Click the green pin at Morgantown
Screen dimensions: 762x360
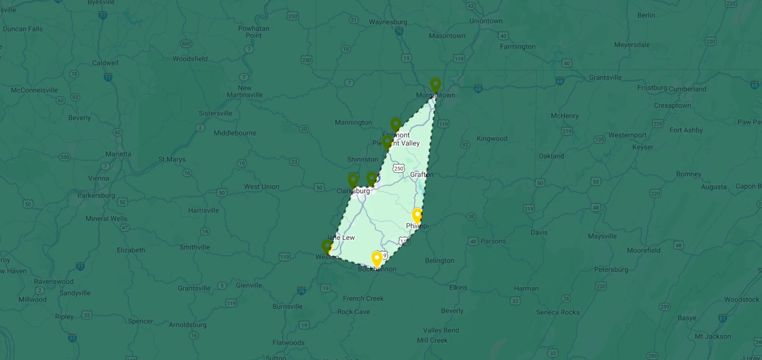(x=436, y=85)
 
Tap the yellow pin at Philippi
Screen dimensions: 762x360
(x=417, y=215)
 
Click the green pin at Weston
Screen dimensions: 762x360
(x=327, y=247)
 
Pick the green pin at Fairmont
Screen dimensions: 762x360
(x=396, y=124)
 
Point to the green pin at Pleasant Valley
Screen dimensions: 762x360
(x=387, y=142)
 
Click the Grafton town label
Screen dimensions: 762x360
(x=422, y=174)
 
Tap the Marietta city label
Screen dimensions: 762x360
(x=118, y=154)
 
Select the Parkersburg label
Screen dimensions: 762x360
(x=96, y=195)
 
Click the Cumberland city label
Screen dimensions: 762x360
(x=687, y=89)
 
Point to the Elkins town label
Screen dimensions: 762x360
(x=458, y=287)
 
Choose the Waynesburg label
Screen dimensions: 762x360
(x=388, y=22)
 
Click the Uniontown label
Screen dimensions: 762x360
(x=486, y=21)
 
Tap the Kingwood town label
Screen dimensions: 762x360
(x=492, y=139)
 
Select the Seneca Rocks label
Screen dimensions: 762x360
(x=558, y=312)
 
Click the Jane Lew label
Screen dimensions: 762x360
(x=342, y=238)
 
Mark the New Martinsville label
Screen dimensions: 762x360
(x=244, y=92)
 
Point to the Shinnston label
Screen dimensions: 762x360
(x=362, y=159)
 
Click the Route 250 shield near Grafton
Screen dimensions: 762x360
(x=399, y=168)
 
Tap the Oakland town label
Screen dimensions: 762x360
(x=551, y=156)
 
